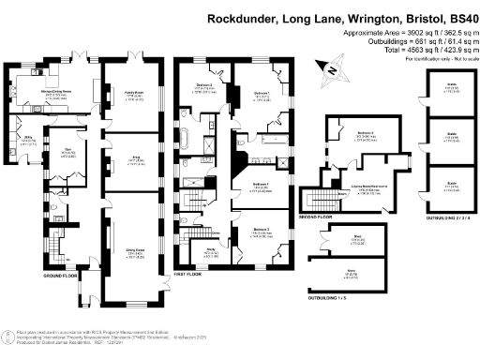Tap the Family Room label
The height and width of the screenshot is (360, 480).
(130, 94)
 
